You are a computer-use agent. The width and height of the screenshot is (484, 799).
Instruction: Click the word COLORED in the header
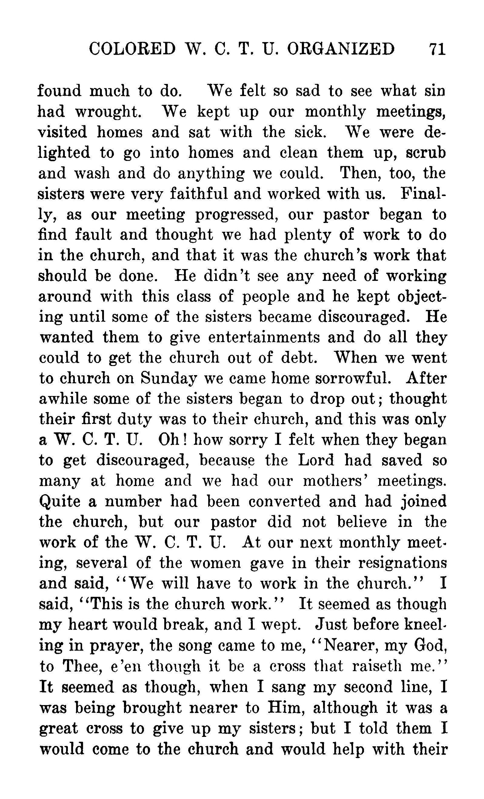[132, 49]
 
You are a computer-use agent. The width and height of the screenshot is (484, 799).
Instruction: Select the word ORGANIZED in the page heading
[341, 49]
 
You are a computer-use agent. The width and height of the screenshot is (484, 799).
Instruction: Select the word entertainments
[264, 337]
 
